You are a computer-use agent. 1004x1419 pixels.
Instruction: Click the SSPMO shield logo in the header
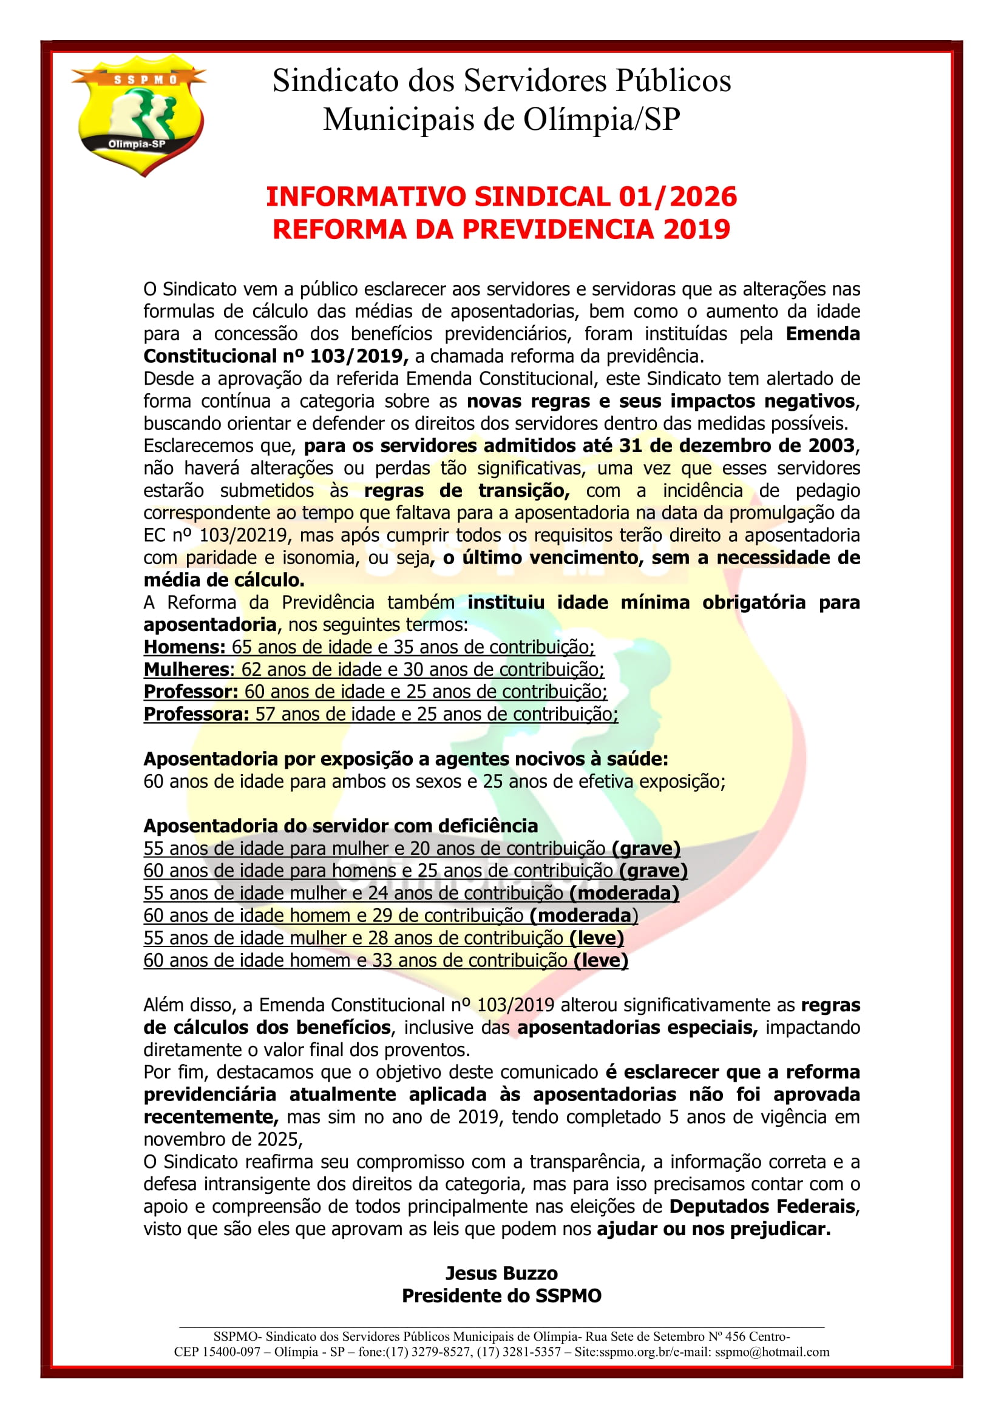click(138, 115)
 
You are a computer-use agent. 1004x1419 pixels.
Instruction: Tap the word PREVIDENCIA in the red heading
click(558, 229)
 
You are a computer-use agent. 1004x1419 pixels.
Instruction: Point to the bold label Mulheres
click(186, 669)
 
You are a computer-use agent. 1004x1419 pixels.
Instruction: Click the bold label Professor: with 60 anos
click(191, 692)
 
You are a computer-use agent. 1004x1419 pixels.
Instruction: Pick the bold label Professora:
click(196, 714)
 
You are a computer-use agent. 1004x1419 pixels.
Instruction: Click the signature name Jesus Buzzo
click(501, 1273)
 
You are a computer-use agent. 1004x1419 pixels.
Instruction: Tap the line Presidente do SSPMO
click(501, 1295)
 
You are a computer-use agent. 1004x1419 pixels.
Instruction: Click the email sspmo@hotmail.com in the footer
click(772, 1352)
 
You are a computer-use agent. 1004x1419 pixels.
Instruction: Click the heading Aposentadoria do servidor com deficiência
click(341, 826)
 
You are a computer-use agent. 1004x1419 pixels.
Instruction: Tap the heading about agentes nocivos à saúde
click(405, 759)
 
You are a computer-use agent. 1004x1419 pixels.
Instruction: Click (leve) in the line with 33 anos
click(600, 960)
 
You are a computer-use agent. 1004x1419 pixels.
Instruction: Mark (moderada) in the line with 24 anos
click(624, 893)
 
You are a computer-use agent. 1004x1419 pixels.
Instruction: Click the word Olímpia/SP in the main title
click(602, 120)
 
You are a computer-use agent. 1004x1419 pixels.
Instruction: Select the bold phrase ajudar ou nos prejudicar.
click(713, 1229)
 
